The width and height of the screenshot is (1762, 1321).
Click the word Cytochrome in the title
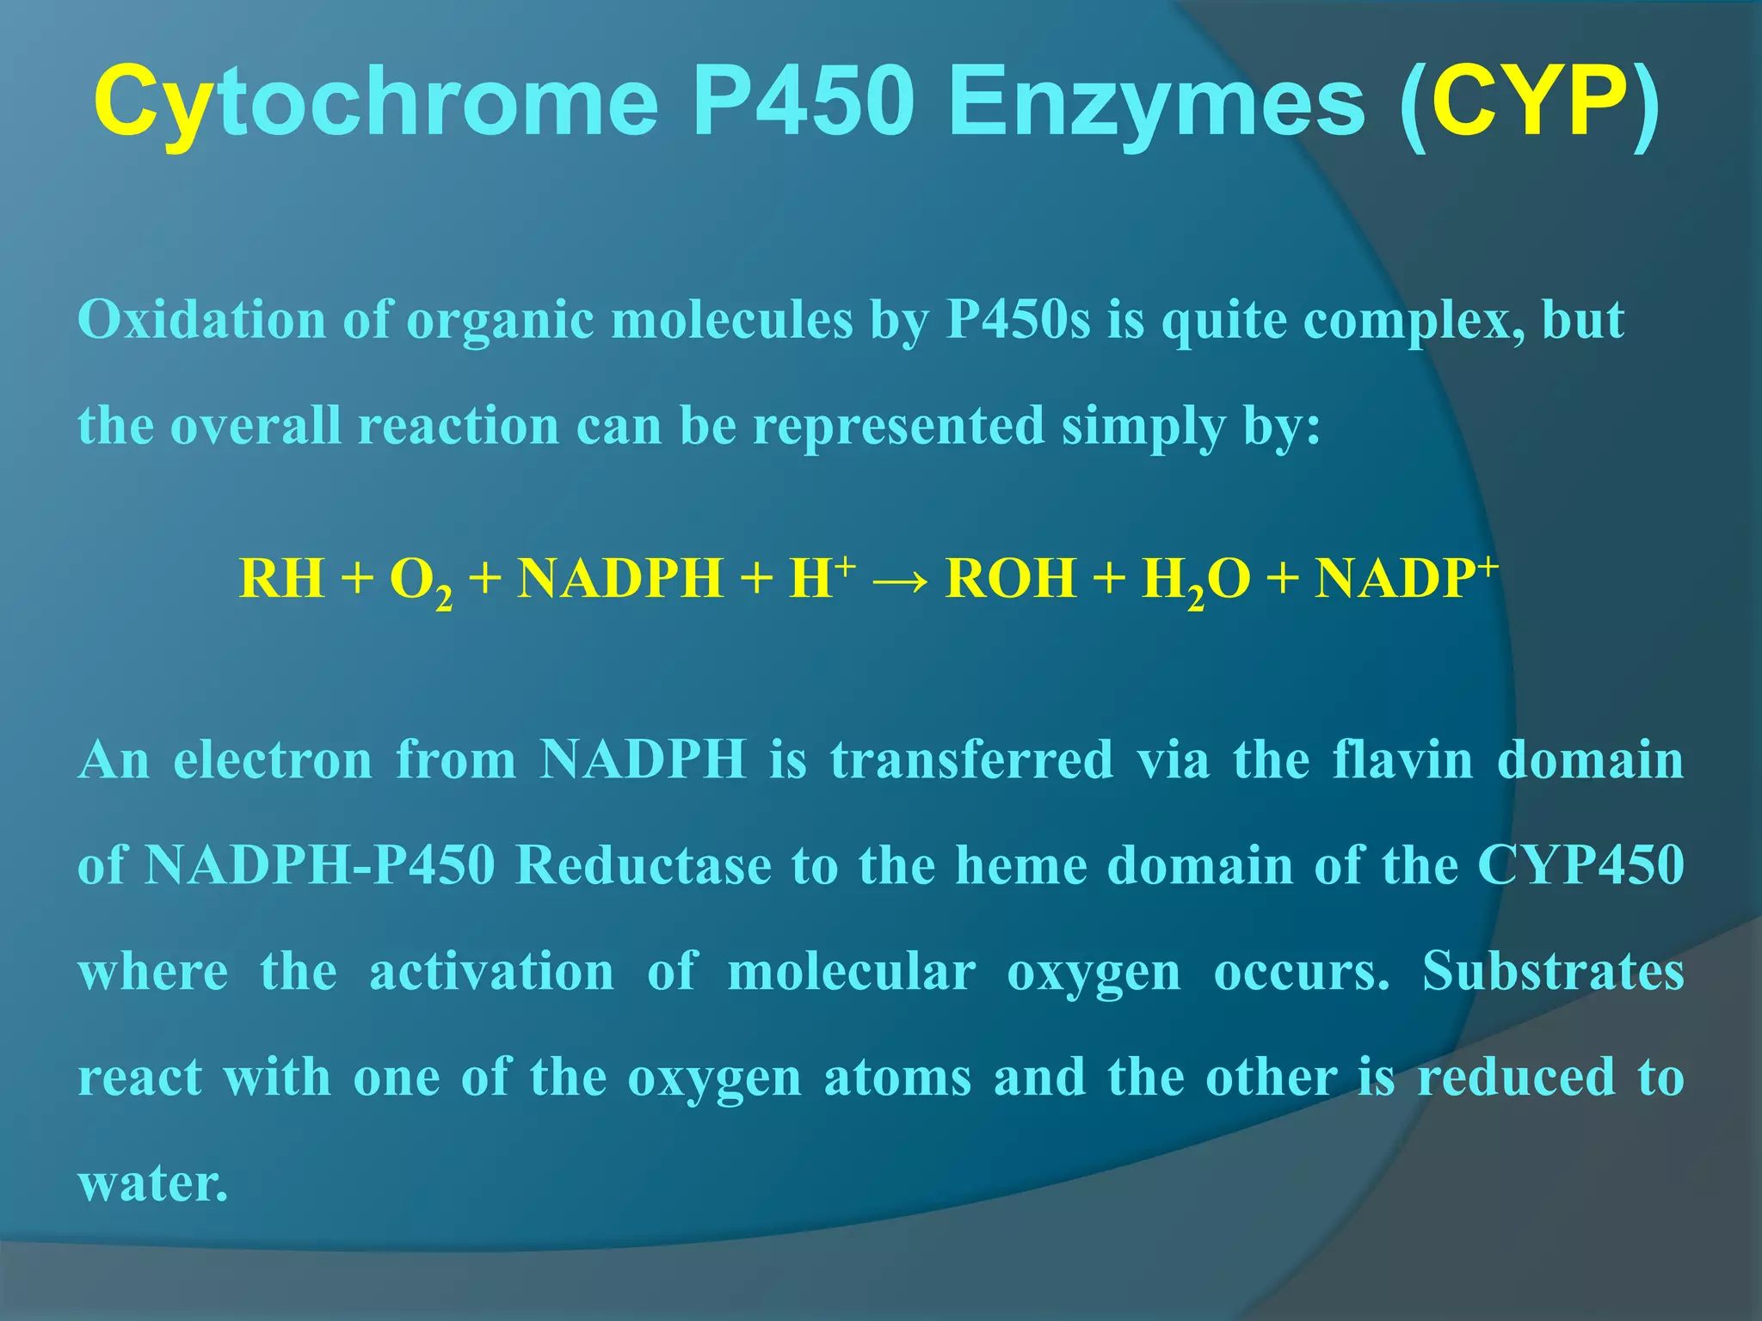pos(375,103)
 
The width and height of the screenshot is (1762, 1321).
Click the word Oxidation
pos(201,320)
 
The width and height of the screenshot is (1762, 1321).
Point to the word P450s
pos(1018,320)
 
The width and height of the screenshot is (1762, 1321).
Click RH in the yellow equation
pos(282,578)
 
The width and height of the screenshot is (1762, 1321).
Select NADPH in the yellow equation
pos(620,578)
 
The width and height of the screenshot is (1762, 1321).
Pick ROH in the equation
pos(1010,578)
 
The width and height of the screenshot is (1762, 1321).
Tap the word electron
pos(273,760)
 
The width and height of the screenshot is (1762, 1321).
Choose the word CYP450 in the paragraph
pos(1580,865)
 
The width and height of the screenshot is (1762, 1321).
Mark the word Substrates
pos(1553,972)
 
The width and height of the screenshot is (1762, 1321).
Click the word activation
pos(491,972)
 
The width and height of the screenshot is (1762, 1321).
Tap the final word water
pos(153,1183)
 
